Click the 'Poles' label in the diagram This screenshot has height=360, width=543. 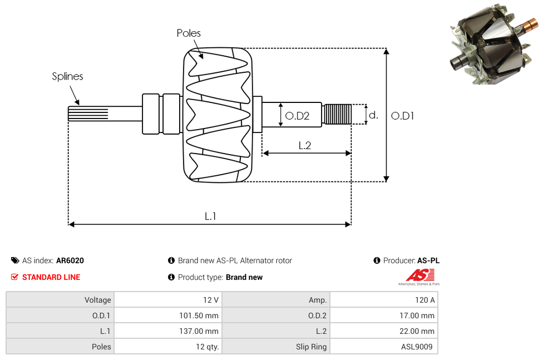point(189,33)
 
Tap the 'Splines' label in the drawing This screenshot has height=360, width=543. point(67,76)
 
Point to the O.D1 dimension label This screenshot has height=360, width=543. point(402,116)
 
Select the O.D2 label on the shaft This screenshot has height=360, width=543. point(297,116)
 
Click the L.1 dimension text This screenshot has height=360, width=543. point(210,216)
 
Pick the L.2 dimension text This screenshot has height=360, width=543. point(304,145)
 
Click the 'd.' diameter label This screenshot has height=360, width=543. point(373,115)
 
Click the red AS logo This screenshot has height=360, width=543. point(420,275)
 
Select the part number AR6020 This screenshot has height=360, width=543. point(70,260)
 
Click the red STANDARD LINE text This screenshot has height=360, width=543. point(51,277)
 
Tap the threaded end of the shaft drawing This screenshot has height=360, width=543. point(337,115)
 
